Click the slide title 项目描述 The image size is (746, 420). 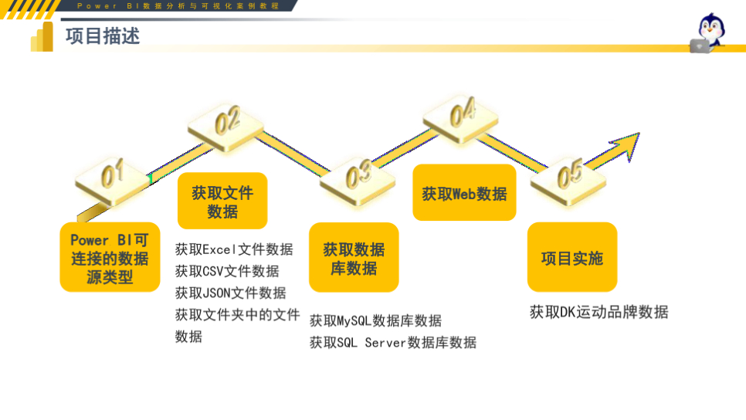click(103, 36)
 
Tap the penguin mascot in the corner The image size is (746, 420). click(710, 33)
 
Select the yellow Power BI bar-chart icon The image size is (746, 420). click(42, 38)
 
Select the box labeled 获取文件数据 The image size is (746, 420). click(222, 202)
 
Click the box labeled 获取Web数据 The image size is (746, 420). click(464, 193)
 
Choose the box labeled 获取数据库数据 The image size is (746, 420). click(354, 258)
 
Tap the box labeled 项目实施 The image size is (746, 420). click(571, 258)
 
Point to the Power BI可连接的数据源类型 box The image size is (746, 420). click(110, 258)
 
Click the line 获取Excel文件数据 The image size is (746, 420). click(234, 249)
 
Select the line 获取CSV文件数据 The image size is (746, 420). click(227, 271)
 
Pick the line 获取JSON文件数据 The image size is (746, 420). click(230, 293)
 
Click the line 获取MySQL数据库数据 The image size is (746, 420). click(375, 320)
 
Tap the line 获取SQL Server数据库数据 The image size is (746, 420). click(393, 342)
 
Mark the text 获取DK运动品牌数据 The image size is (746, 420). click(598, 312)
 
